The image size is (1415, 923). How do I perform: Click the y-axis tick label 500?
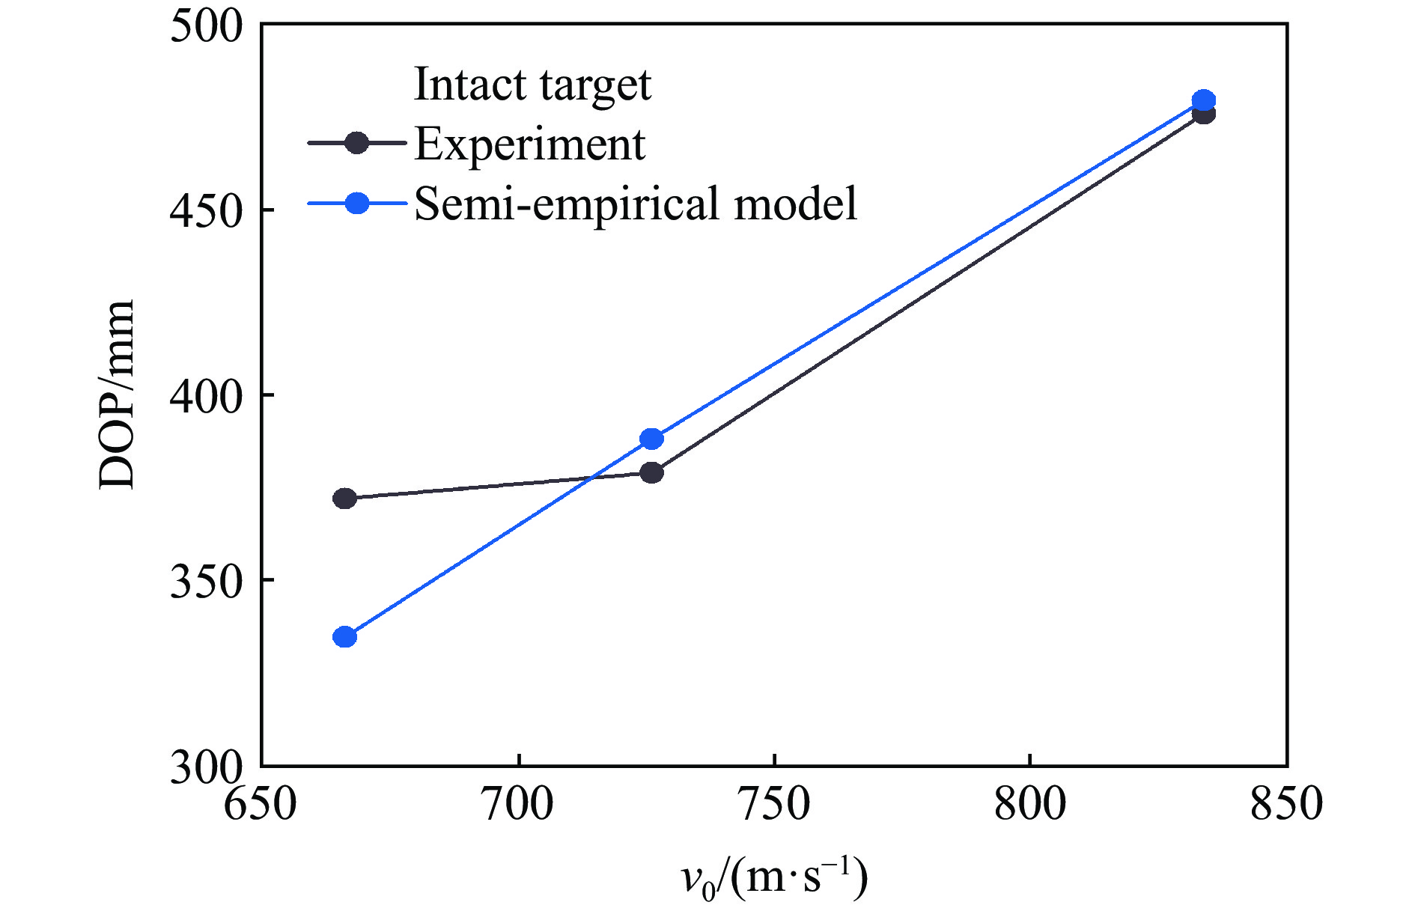pyautogui.click(x=196, y=27)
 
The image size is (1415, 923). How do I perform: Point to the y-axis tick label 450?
pyautogui.click(x=196, y=211)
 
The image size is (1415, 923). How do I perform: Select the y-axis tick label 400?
pyautogui.click(x=196, y=396)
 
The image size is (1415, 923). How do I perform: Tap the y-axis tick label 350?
pyautogui.click(x=196, y=581)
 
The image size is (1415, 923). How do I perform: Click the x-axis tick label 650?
pyautogui.click(x=261, y=805)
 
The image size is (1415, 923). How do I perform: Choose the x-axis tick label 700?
pyautogui.click(x=517, y=805)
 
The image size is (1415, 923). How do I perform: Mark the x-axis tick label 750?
pyautogui.click(x=773, y=805)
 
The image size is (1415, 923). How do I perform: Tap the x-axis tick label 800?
pyautogui.click(x=1030, y=805)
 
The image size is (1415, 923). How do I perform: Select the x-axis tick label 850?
pyautogui.click(x=1286, y=805)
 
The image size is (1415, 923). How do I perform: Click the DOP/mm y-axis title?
pyautogui.click(x=116, y=395)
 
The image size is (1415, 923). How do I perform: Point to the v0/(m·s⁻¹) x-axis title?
pyautogui.click(x=773, y=877)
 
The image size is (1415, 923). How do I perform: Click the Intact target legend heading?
pyautogui.click(x=532, y=84)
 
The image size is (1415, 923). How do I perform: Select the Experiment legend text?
pyautogui.click(x=529, y=144)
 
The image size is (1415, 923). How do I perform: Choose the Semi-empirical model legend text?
pyautogui.click(x=635, y=204)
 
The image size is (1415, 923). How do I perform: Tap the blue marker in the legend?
pyautogui.click(x=357, y=203)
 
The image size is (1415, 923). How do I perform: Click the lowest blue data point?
pyautogui.click(x=344, y=637)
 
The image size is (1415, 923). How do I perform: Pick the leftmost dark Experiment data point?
pyautogui.click(x=344, y=499)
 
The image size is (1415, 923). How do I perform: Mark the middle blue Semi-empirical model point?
pyautogui.click(x=652, y=439)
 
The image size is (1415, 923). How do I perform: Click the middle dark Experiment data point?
pyautogui.click(x=652, y=472)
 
